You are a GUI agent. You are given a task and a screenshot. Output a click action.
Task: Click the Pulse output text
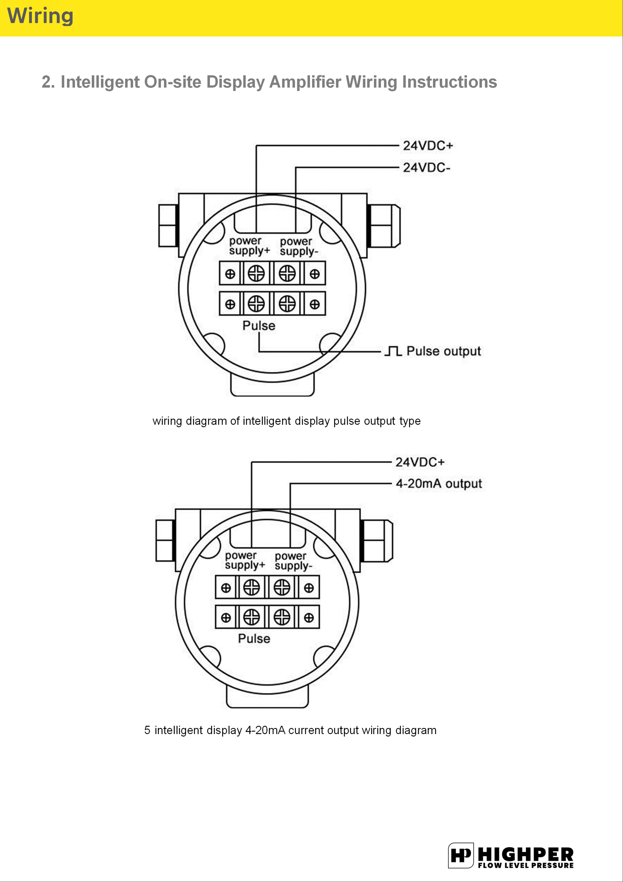[x=443, y=351]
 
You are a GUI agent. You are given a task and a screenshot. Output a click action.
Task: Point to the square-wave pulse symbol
[x=393, y=351]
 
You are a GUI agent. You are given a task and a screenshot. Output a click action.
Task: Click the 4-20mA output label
[x=438, y=484]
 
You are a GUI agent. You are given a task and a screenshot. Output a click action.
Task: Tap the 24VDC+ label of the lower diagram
[x=420, y=462]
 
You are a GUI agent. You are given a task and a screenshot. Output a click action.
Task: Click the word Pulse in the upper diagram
[x=259, y=326]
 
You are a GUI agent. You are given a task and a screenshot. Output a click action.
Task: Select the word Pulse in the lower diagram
[x=254, y=638]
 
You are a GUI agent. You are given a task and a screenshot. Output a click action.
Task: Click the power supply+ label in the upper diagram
[x=249, y=246]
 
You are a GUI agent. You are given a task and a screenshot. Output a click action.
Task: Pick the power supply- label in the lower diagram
[x=293, y=561]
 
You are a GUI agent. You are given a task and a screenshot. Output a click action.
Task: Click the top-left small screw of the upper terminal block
[x=230, y=274]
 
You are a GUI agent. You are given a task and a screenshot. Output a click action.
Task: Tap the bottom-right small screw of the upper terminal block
[x=315, y=304]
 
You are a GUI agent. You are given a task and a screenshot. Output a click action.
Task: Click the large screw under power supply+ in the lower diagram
[x=251, y=587]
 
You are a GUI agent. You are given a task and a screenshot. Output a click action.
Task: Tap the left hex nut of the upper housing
[x=168, y=226]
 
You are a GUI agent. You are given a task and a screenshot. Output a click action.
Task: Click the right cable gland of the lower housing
[x=378, y=541]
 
